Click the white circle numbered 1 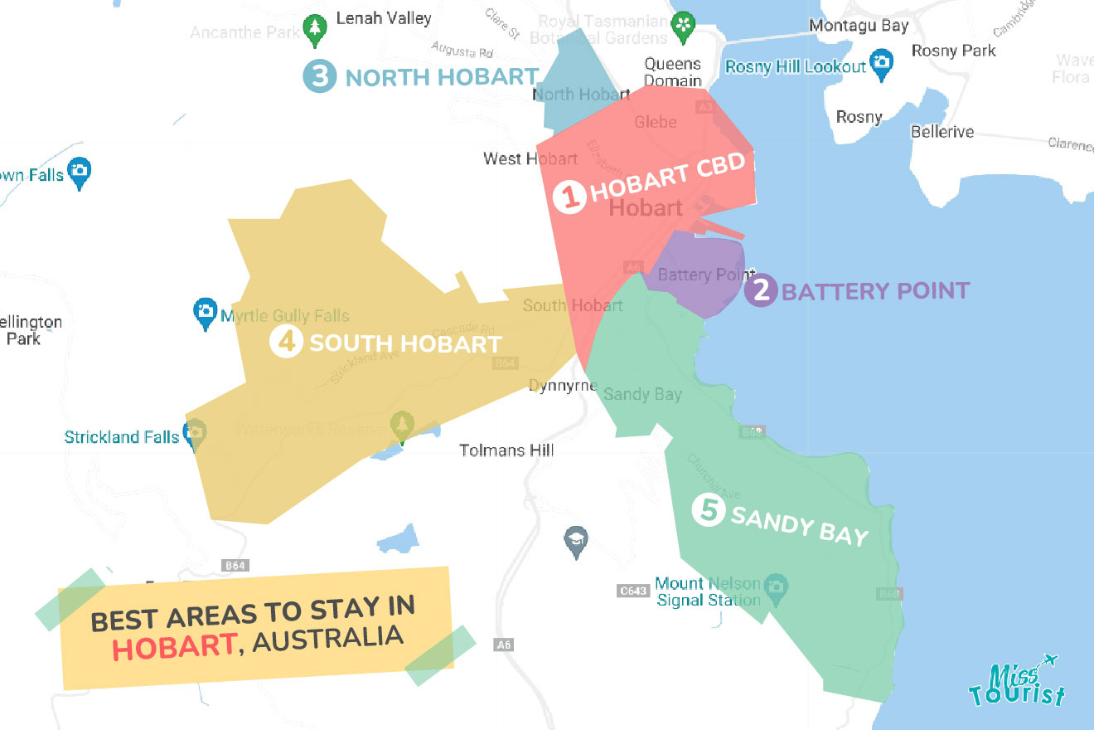(x=569, y=197)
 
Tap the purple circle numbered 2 (x=760, y=290)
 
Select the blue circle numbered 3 (x=319, y=76)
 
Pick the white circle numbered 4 (x=286, y=342)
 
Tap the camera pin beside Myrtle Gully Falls (x=205, y=313)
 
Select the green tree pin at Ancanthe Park (x=314, y=29)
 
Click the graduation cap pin (x=574, y=541)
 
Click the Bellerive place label (x=942, y=132)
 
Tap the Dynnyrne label (x=564, y=386)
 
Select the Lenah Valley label (x=384, y=17)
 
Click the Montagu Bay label (x=859, y=26)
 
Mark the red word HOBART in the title (x=173, y=646)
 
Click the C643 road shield (x=632, y=591)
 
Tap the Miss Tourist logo (x=1016, y=681)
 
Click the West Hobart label (x=530, y=158)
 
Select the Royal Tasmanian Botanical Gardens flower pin (x=683, y=25)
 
